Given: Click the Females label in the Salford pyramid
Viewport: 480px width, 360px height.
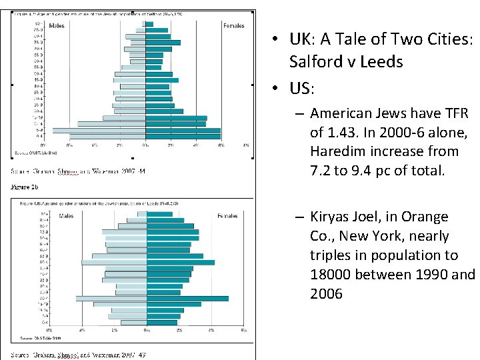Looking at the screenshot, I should point(234,26).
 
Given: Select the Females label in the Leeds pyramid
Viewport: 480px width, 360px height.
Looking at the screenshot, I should point(227,216).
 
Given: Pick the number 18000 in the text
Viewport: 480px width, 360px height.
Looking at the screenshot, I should point(330,274).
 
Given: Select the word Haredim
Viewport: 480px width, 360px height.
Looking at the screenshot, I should point(335,151).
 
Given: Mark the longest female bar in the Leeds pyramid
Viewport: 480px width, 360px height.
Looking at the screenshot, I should point(187,298).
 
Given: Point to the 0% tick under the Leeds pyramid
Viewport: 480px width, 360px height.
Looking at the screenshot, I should point(146,330).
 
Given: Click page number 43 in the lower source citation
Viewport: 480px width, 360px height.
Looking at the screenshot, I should point(141,354).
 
